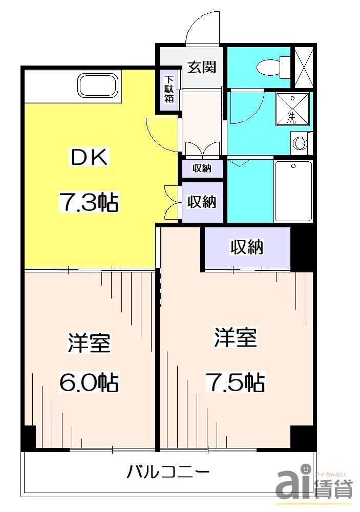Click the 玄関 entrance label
coord(201,67)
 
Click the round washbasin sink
coord(301,143)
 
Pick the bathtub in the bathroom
coord(293,190)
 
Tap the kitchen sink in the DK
coord(98,85)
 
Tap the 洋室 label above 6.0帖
coord(89,343)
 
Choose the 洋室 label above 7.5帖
coord(235,338)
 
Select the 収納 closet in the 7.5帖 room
coord(247,248)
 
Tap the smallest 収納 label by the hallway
coord(202,168)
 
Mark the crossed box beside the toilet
coord(301,68)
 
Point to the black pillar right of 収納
coord(301,249)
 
